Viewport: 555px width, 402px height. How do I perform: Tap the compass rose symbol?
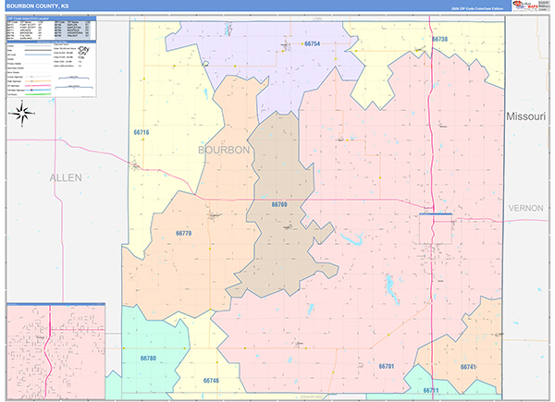tap(23, 115)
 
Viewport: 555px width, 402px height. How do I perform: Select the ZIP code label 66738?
tap(439, 40)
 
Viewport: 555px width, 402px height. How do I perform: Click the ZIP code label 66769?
tap(280, 204)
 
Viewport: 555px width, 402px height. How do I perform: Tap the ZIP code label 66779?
tap(183, 234)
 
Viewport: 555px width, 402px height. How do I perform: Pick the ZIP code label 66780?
tap(149, 358)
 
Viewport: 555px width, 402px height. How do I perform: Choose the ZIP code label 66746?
tap(211, 380)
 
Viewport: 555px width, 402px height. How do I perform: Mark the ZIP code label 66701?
tap(387, 367)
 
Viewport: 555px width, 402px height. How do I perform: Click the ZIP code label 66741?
tap(467, 367)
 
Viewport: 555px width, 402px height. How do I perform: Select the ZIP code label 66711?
tap(431, 391)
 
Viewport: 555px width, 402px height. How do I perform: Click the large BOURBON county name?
tap(225, 149)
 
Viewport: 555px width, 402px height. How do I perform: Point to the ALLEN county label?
tap(66, 177)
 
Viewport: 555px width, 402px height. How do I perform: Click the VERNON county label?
tap(526, 209)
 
